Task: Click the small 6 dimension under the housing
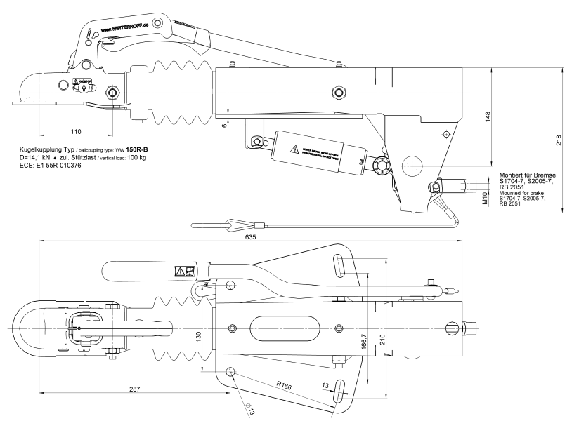pyautogui.click(x=224, y=126)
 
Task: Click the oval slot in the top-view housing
pyautogui.click(x=282, y=328)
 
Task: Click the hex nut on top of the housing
pyautogui.click(x=338, y=92)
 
